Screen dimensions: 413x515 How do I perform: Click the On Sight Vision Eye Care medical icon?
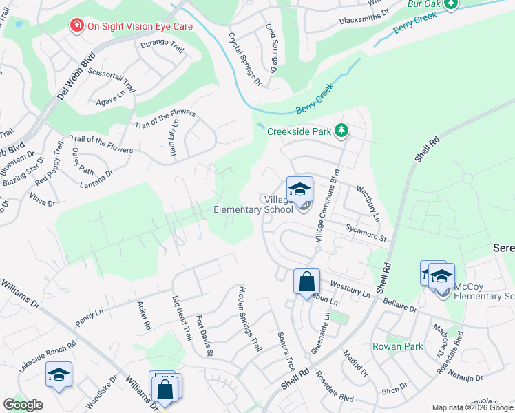point(76,26)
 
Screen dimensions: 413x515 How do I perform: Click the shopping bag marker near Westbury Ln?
point(306,281)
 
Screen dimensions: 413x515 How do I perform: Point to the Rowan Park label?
point(397,346)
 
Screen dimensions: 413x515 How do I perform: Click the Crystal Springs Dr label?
point(245,59)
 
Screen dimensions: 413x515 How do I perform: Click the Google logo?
point(23,405)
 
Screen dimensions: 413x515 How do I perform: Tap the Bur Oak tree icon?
point(451,5)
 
